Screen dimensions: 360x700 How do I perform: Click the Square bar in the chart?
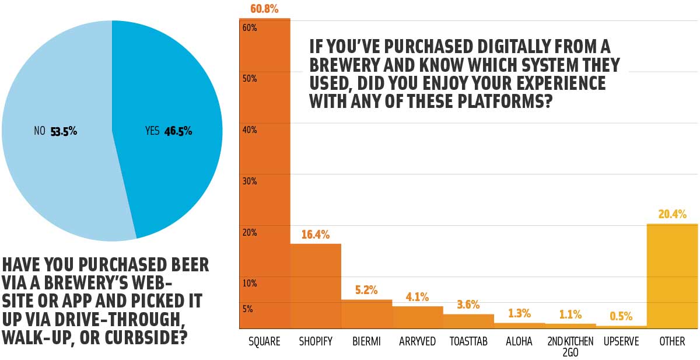point(265,175)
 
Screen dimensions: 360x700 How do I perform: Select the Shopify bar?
point(316,286)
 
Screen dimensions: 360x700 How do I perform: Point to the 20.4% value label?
point(672,214)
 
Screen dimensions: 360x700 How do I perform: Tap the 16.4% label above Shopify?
point(316,235)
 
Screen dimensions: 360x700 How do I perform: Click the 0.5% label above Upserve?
point(621,316)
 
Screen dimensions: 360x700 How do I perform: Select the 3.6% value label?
point(468,305)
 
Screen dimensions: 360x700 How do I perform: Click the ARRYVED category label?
point(417,341)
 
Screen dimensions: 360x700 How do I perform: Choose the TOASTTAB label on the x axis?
point(468,341)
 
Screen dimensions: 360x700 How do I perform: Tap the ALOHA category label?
point(519,341)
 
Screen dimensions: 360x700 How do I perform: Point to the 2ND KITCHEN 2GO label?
point(570,347)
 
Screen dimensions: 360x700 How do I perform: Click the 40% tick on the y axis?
point(249,130)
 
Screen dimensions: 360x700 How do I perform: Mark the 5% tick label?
point(247,309)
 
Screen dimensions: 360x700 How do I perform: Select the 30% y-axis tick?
point(249,181)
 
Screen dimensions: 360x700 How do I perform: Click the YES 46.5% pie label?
point(169,131)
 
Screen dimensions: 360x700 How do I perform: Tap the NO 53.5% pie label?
point(55,131)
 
